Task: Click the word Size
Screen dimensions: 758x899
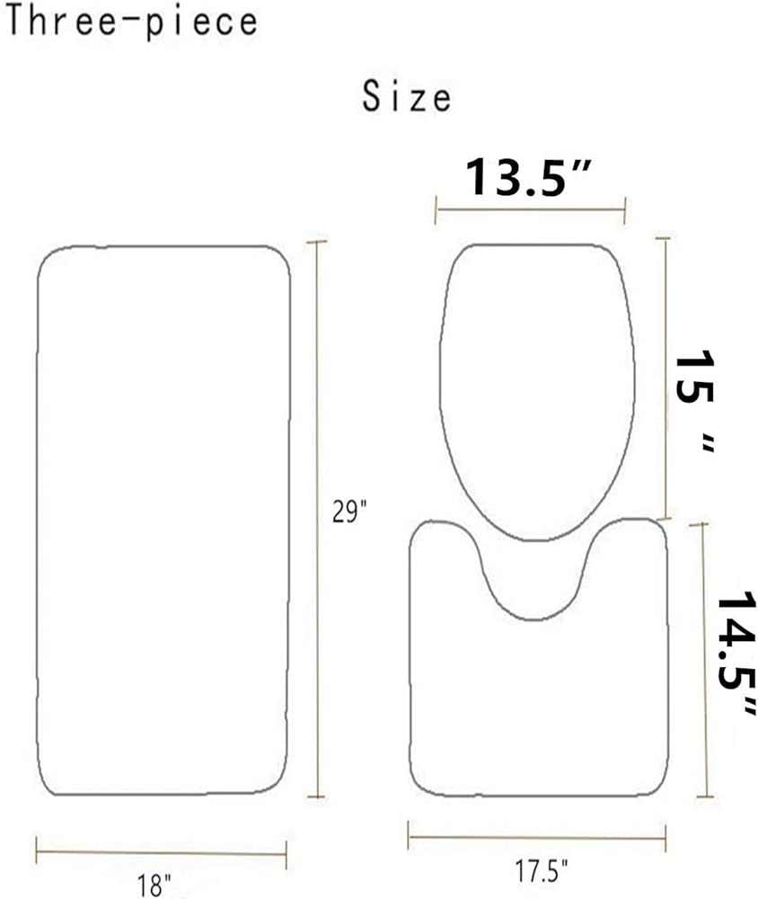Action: point(406,96)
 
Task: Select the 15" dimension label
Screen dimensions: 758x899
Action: point(695,402)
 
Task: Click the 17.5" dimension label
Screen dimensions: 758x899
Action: point(541,871)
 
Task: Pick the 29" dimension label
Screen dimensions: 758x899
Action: point(349,511)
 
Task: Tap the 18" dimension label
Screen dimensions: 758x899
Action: point(154,885)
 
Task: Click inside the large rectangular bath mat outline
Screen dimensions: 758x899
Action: point(163,520)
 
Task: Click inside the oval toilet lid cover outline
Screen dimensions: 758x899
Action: point(537,392)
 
